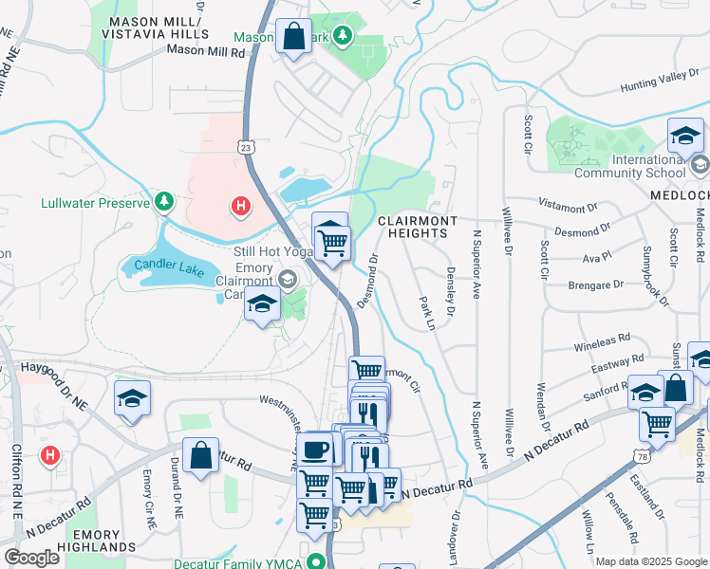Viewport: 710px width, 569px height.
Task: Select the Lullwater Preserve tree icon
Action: pos(165,202)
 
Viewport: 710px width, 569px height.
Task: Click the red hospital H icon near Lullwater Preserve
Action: pos(241,204)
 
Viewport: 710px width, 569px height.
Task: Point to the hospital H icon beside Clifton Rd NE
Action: pos(49,456)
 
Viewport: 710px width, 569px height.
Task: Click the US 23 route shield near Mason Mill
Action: pos(246,147)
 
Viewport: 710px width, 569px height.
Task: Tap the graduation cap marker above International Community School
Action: pos(684,137)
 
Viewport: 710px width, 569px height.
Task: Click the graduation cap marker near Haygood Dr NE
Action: pos(133,398)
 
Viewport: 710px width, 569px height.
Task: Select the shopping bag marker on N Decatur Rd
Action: pos(201,455)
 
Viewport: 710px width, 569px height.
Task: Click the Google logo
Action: pos(31,558)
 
